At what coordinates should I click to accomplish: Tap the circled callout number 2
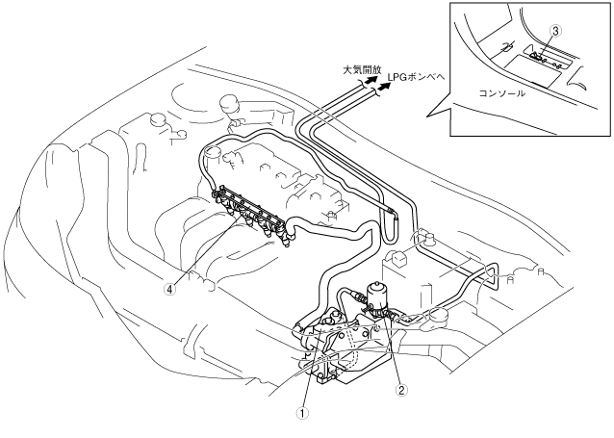(402, 391)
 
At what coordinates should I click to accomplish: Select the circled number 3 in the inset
(555, 32)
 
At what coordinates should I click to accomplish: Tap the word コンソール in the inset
(501, 93)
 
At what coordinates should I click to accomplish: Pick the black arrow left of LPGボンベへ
(385, 86)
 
